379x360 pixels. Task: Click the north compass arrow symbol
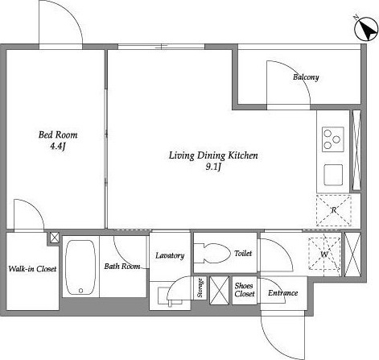click(366, 29)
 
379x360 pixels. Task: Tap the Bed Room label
click(58, 134)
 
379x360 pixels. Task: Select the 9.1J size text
click(213, 168)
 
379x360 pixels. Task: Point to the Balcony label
click(306, 77)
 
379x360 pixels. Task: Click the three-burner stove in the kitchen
click(333, 139)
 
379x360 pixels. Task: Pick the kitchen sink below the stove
click(333, 175)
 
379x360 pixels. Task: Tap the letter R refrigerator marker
click(334, 210)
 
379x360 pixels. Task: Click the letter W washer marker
click(324, 254)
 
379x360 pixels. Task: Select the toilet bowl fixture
click(212, 253)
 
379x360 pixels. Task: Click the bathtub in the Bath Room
click(80, 267)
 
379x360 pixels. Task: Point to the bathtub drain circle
click(80, 291)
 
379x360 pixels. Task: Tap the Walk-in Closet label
click(32, 269)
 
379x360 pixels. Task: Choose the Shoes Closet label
click(245, 290)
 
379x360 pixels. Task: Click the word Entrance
click(283, 293)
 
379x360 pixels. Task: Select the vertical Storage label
click(200, 288)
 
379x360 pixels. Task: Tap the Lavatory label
click(170, 255)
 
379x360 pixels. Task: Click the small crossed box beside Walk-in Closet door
click(55, 238)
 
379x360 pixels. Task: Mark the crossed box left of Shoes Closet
click(219, 290)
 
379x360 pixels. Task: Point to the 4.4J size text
click(58, 146)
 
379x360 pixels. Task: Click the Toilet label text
click(243, 254)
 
